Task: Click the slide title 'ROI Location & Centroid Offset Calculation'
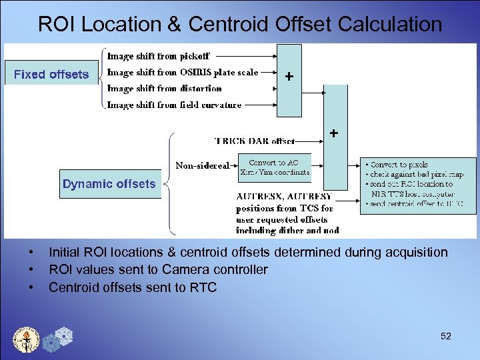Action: (240, 24)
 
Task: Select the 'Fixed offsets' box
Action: (51, 74)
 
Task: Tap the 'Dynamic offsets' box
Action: (109, 184)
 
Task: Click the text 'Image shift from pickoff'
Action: (159, 57)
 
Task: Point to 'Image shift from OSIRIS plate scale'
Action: (182, 72)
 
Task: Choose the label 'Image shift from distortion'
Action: (164, 88)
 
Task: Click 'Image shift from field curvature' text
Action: (174, 104)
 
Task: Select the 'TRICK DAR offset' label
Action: (253, 141)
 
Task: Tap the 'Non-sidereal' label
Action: (202, 165)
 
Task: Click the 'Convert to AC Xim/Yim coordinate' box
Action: (275, 167)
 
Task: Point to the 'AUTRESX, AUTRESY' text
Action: (284, 197)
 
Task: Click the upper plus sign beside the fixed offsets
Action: (289, 77)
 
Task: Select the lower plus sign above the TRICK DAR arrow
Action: (333, 134)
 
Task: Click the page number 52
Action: (446, 337)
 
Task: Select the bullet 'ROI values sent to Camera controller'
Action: (158, 269)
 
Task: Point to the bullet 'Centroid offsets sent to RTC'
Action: (133, 287)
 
